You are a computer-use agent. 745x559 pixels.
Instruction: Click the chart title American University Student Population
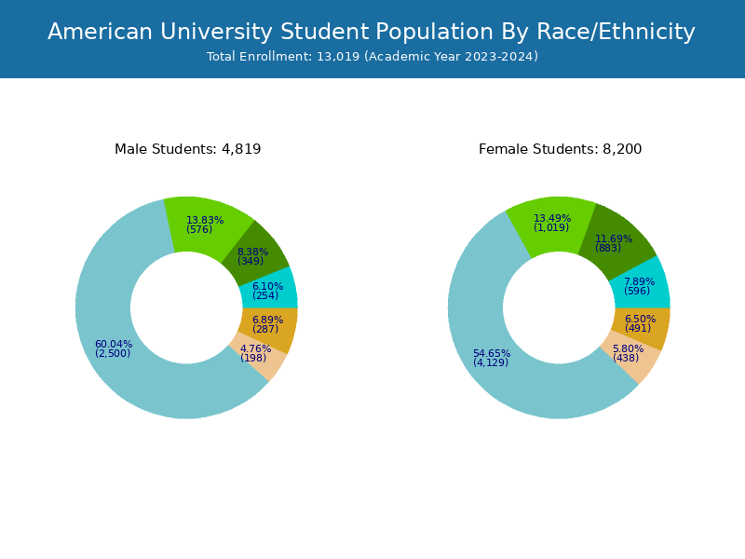click(x=372, y=33)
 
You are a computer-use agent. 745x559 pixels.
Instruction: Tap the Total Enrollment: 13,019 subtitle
click(x=372, y=57)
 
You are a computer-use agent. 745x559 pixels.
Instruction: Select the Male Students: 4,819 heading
click(x=187, y=149)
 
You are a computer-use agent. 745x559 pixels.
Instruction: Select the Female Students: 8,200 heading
click(x=560, y=149)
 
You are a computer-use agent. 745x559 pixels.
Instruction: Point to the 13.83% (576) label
click(x=204, y=225)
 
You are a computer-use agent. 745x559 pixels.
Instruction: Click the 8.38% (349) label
click(x=251, y=256)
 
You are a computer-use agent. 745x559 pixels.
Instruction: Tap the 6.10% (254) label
click(x=266, y=291)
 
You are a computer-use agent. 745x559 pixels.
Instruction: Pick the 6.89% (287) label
click(x=266, y=324)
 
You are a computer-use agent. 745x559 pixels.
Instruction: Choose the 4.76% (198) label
click(x=254, y=353)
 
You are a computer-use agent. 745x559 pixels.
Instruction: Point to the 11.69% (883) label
click(x=613, y=243)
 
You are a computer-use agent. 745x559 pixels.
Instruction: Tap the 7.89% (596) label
click(x=639, y=286)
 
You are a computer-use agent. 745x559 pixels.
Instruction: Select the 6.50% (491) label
click(x=639, y=323)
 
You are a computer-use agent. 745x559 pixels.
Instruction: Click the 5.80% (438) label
click(x=627, y=353)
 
